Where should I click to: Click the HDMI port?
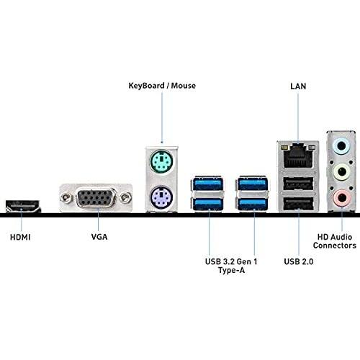23,206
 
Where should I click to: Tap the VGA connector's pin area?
96,198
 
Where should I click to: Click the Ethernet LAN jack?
298,156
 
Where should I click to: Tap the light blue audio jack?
342,146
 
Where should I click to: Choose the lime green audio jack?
342,172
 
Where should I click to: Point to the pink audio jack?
342,198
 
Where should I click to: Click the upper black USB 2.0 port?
298,184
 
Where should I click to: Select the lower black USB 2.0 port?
298,204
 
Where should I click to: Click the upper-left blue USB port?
208,184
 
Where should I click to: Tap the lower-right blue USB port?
253,204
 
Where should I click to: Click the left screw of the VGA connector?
66,198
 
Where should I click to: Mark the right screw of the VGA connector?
125,198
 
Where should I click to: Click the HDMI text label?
20,238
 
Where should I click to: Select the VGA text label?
99,237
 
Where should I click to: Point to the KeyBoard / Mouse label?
162,86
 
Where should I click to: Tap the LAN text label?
298,86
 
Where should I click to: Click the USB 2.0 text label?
299,261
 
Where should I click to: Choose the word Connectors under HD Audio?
335,246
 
